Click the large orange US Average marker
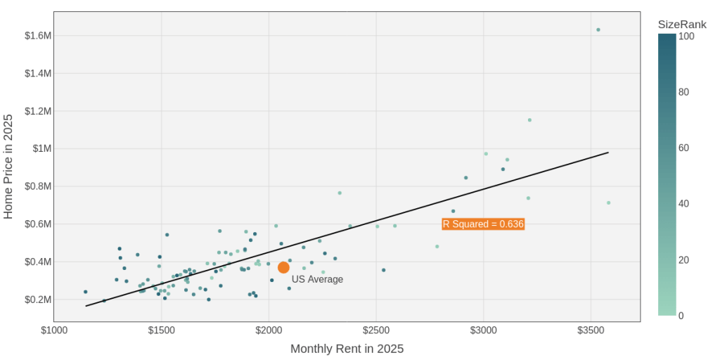(283, 267)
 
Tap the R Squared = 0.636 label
(483, 224)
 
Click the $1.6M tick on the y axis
(38, 36)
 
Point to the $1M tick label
(42, 148)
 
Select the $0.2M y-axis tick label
(38, 300)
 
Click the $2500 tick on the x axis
(376, 330)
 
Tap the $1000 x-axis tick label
(54, 330)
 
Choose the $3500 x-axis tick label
(591, 330)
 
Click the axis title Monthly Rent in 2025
(347, 349)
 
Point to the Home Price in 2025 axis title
(8, 167)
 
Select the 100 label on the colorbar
(688, 36)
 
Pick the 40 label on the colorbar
(685, 204)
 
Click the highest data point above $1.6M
(598, 30)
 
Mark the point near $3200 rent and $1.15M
(529, 120)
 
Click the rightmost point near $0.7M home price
(608, 202)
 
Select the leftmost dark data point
(86, 292)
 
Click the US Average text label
(317, 279)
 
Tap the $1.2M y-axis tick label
(38, 111)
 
